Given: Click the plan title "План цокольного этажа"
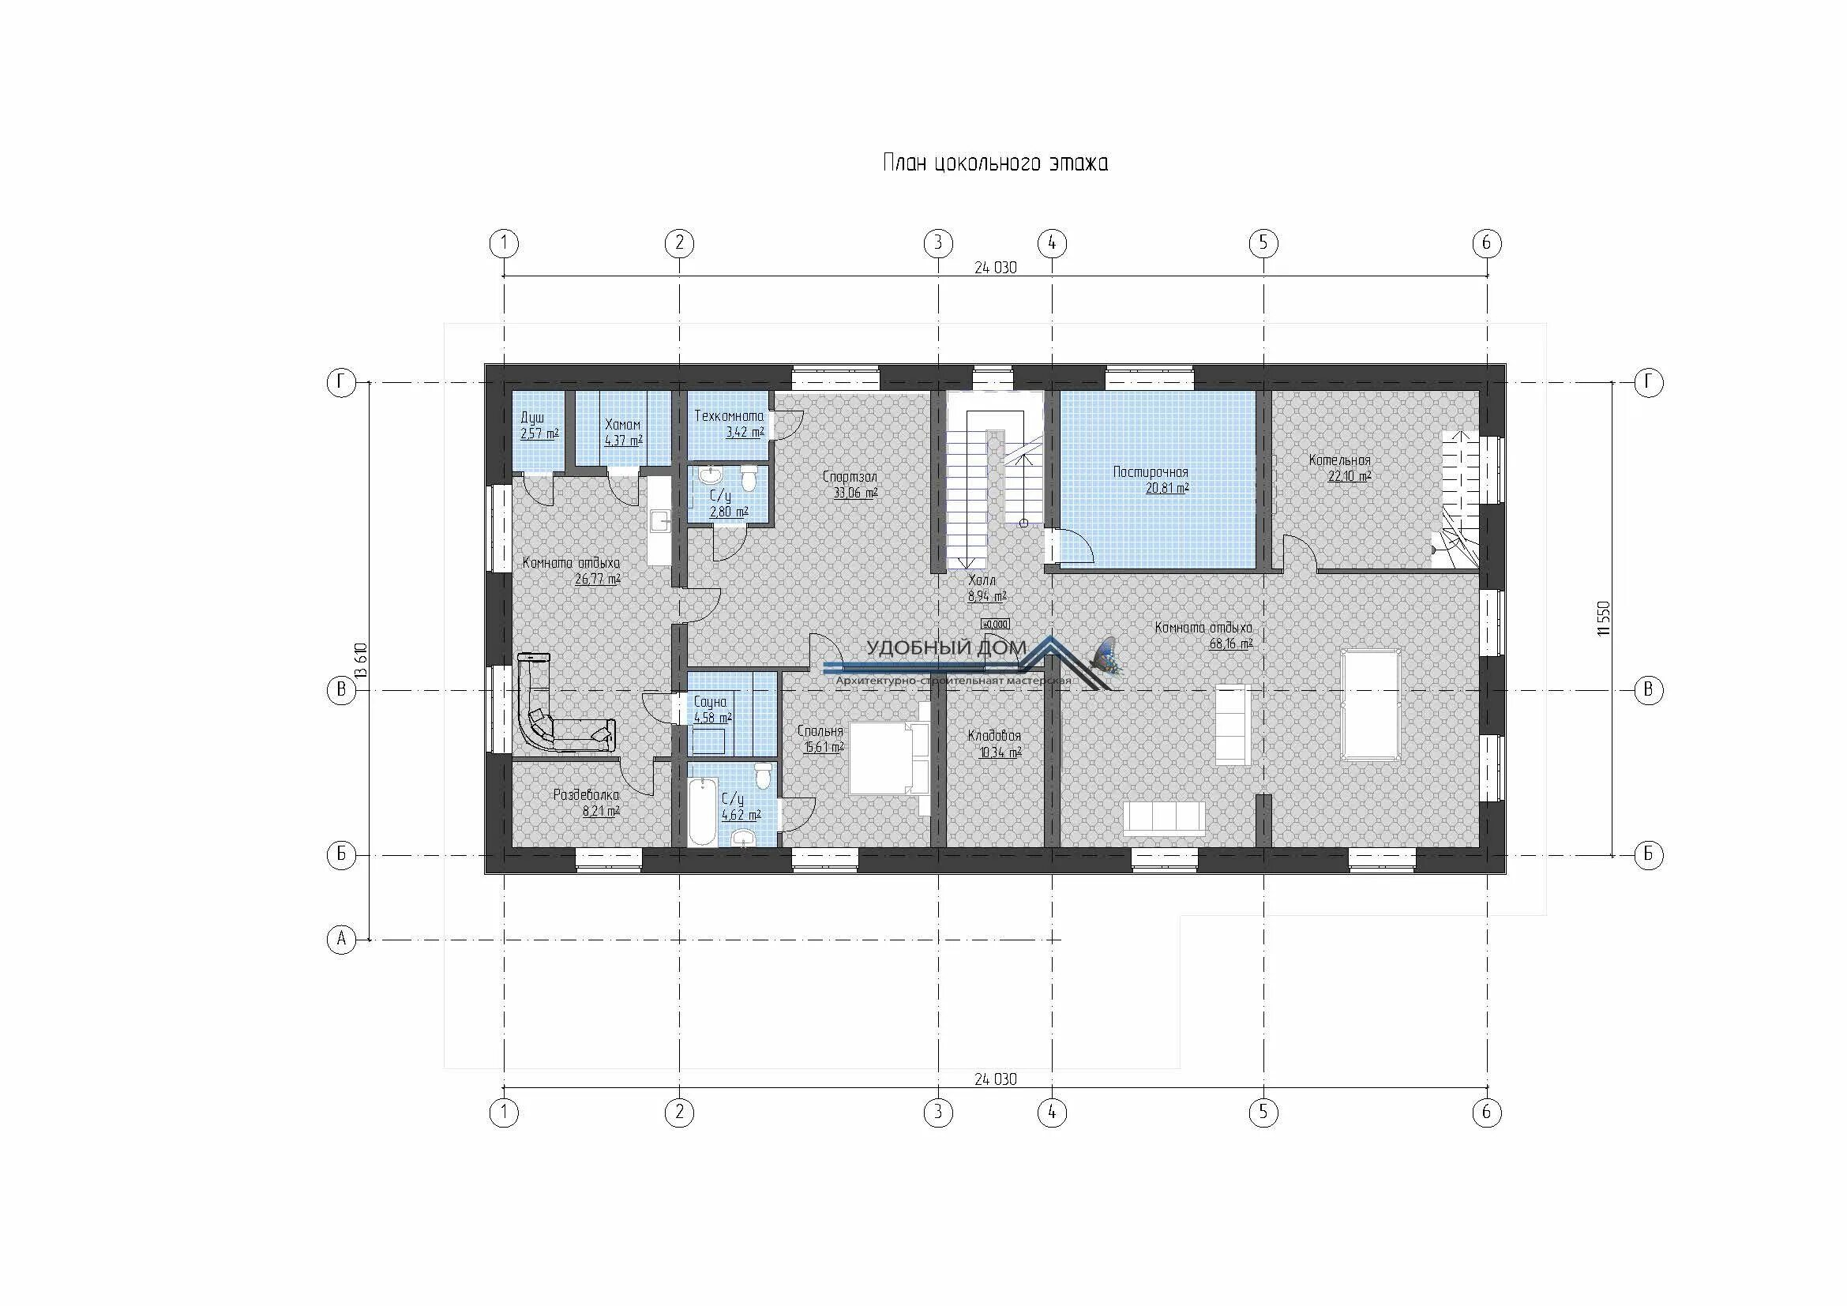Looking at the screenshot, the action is [x=995, y=163].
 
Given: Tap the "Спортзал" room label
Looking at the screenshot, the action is [x=850, y=477].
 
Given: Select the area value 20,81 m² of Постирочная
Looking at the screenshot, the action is [x=1167, y=487].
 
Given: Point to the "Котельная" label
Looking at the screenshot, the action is [x=1339, y=461].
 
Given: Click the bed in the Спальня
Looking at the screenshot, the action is [x=890, y=757].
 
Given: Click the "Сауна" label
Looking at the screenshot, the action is [x=710, y=702].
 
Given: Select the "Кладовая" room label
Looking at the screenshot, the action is [x=994, y=736].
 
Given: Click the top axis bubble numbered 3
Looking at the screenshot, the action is [x=938, y=243].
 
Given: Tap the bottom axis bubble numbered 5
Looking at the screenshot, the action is [x=1263, y=1113].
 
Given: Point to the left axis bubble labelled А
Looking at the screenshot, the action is [x=341, y=940].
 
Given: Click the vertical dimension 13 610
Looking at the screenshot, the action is [x=361, y=661].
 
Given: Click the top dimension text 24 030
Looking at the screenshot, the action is [x=995, y=268].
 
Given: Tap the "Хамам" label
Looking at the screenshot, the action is [x=621, y=426].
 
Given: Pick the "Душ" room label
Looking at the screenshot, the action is [x=531, y=419].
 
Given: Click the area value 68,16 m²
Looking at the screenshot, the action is [x=1231, y=644].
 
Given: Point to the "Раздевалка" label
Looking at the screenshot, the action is [x=587, y=795].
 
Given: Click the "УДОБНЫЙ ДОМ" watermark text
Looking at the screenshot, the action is [x=946, y=648].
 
